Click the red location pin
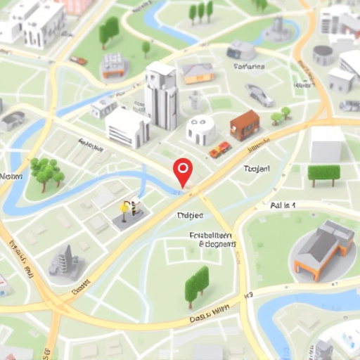click(x=183, y=169)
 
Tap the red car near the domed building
click(x=220, y=149)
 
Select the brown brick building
click(x=245, y=124)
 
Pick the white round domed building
click(x=201, y=130)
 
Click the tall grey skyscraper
click(x=161, y=96)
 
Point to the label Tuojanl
click(x=257, y=169)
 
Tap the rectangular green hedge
click(x=323, y=173)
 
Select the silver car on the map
click(x=259, y=95)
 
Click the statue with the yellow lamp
click(x=128, y=210)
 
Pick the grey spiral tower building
click(x=65, y=260)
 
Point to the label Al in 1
click(x=283, y=205)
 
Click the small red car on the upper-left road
click(x=78, y=60)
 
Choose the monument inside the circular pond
click(x=277, y=30)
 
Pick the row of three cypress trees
click(x=200, y=11)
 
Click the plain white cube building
click(x=327, y=144)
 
